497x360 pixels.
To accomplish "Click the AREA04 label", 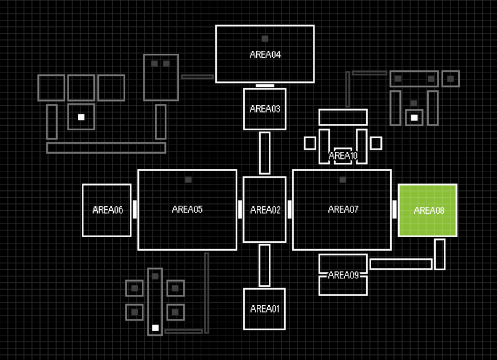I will coord(265,55).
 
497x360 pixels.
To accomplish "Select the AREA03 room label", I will coord(265,109).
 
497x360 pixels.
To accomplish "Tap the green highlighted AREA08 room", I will coord(428,210).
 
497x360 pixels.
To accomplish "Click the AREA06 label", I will coord(108,210).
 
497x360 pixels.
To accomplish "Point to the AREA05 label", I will coord(187,209).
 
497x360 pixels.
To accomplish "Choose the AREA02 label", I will coord(265,210).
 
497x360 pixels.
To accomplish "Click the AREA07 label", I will coord(343,209).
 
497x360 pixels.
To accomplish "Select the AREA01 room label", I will coord(265,309).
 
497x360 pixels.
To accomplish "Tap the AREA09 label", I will coord(343,275).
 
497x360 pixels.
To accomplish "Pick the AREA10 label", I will coord(343,155).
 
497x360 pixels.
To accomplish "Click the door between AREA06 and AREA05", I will coord(135,209).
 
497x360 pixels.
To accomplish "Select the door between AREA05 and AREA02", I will coord(240,209).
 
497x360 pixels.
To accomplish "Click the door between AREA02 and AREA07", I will coord(289,209).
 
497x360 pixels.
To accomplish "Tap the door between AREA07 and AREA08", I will coord(395,209).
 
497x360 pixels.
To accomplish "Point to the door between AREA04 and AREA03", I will coord(265,85).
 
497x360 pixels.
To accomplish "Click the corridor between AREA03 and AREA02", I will coord(265,153).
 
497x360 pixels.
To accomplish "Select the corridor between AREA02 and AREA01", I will coord(265,265).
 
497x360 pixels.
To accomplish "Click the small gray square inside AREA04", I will coord(265,39).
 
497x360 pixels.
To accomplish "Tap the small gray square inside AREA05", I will coord(188,179).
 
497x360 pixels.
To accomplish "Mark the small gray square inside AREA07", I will coord(343,179).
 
